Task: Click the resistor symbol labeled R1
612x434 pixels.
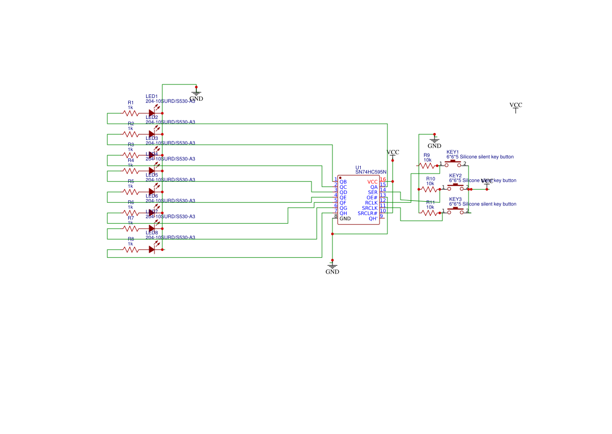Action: point(130,113)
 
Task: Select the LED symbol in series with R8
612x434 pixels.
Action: point(153,249)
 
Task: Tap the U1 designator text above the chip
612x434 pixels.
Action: point(358,167)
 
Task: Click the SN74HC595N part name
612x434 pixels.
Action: point(371,172)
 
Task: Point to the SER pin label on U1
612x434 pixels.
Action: point(372,192)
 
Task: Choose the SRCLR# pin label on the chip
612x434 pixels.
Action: point(368,213)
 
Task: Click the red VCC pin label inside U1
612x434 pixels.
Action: point(372,182)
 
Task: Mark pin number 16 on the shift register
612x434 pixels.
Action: point(383,179)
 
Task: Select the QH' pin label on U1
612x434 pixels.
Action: point(373,219)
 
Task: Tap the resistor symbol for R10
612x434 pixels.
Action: point(430,189)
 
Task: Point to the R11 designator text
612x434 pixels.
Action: point(430,202)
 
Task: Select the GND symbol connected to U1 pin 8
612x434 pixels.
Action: point(332,267)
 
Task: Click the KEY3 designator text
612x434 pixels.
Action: point(455,199)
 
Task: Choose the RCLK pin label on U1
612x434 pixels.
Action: point(371,203)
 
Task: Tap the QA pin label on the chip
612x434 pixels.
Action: point(374,187)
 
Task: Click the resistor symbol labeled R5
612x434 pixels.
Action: point(130,191)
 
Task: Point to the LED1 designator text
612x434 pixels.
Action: point(152,96)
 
